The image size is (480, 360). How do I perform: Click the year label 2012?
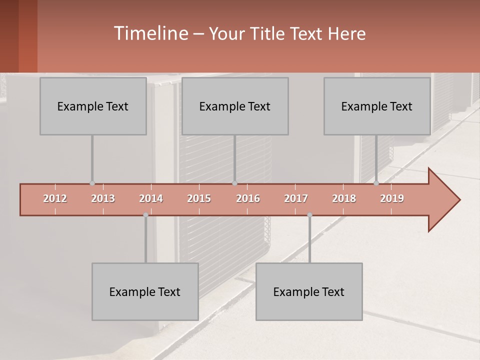[55, 199]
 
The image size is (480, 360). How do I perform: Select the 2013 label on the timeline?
[103, 199]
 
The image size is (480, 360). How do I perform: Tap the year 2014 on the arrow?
[151, 199]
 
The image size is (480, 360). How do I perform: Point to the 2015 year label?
[199, 199]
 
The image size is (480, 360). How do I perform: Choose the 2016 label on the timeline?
[248, 199]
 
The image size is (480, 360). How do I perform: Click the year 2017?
[296, 199]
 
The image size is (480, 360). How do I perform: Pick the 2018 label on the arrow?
[344, 199]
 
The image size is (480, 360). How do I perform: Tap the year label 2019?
[392, 199]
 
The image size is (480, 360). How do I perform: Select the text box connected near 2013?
[93, 106]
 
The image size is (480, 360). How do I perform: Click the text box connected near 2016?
[235, 106]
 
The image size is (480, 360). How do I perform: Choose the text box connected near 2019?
[377, 106]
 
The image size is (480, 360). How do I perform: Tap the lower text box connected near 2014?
[145, 292]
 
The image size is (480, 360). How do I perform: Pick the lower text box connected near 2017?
[309, 292]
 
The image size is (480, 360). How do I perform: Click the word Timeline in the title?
[150, 33]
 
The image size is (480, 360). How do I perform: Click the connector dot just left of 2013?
[92, 183]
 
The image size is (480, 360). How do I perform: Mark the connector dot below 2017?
[309, 215]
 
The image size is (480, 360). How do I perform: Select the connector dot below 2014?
[145, 215]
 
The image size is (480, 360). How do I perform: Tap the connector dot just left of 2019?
[376, 183]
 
